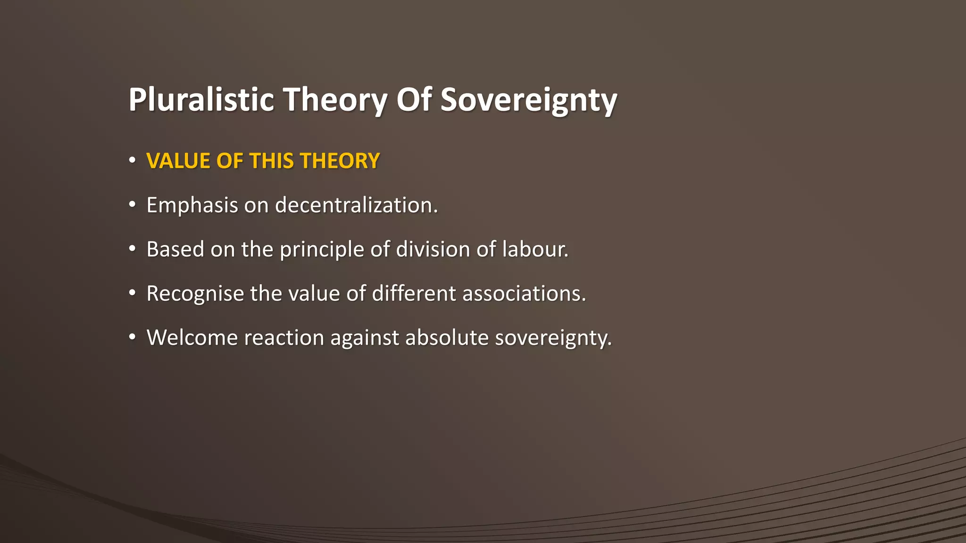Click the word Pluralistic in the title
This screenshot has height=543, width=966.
click(201, 100)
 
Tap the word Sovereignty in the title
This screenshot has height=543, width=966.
click(528, 100)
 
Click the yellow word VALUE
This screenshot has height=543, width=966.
click(178, 161)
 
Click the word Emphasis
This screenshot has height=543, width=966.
click(192, 206)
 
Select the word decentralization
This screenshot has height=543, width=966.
click(356, 206)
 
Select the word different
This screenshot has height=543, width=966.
click(414, 294)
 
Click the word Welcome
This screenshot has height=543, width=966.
click(192, 338)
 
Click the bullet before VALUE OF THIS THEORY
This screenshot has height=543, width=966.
click(133, 160)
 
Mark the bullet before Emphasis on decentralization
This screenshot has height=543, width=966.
click(133, 205)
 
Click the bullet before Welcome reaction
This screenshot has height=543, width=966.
click(133, 337)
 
